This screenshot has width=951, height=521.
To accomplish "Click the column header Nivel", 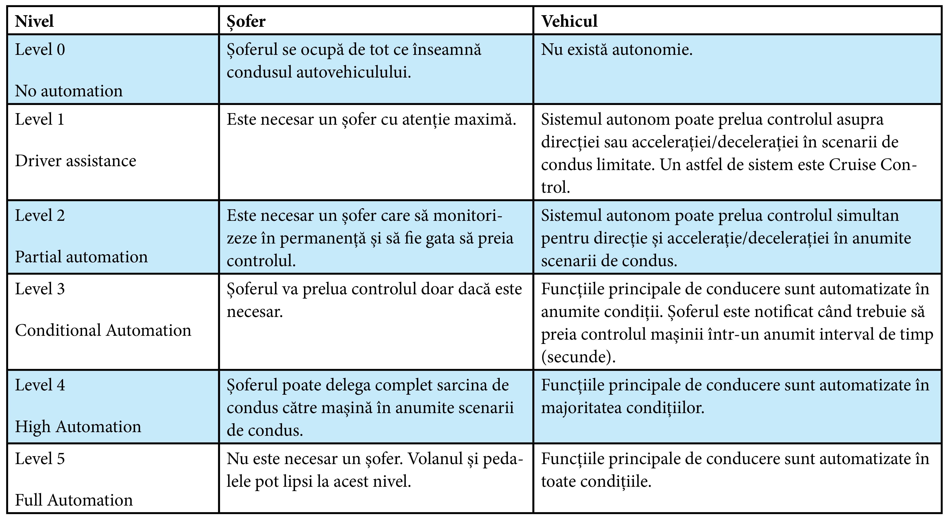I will point(34,22).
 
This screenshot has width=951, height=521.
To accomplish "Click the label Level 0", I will point(40,49).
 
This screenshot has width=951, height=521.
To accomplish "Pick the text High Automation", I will point(78,427).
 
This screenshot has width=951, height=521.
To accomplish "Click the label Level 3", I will point(40,289).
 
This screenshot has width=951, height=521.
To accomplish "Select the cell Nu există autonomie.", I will point(617,49).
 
